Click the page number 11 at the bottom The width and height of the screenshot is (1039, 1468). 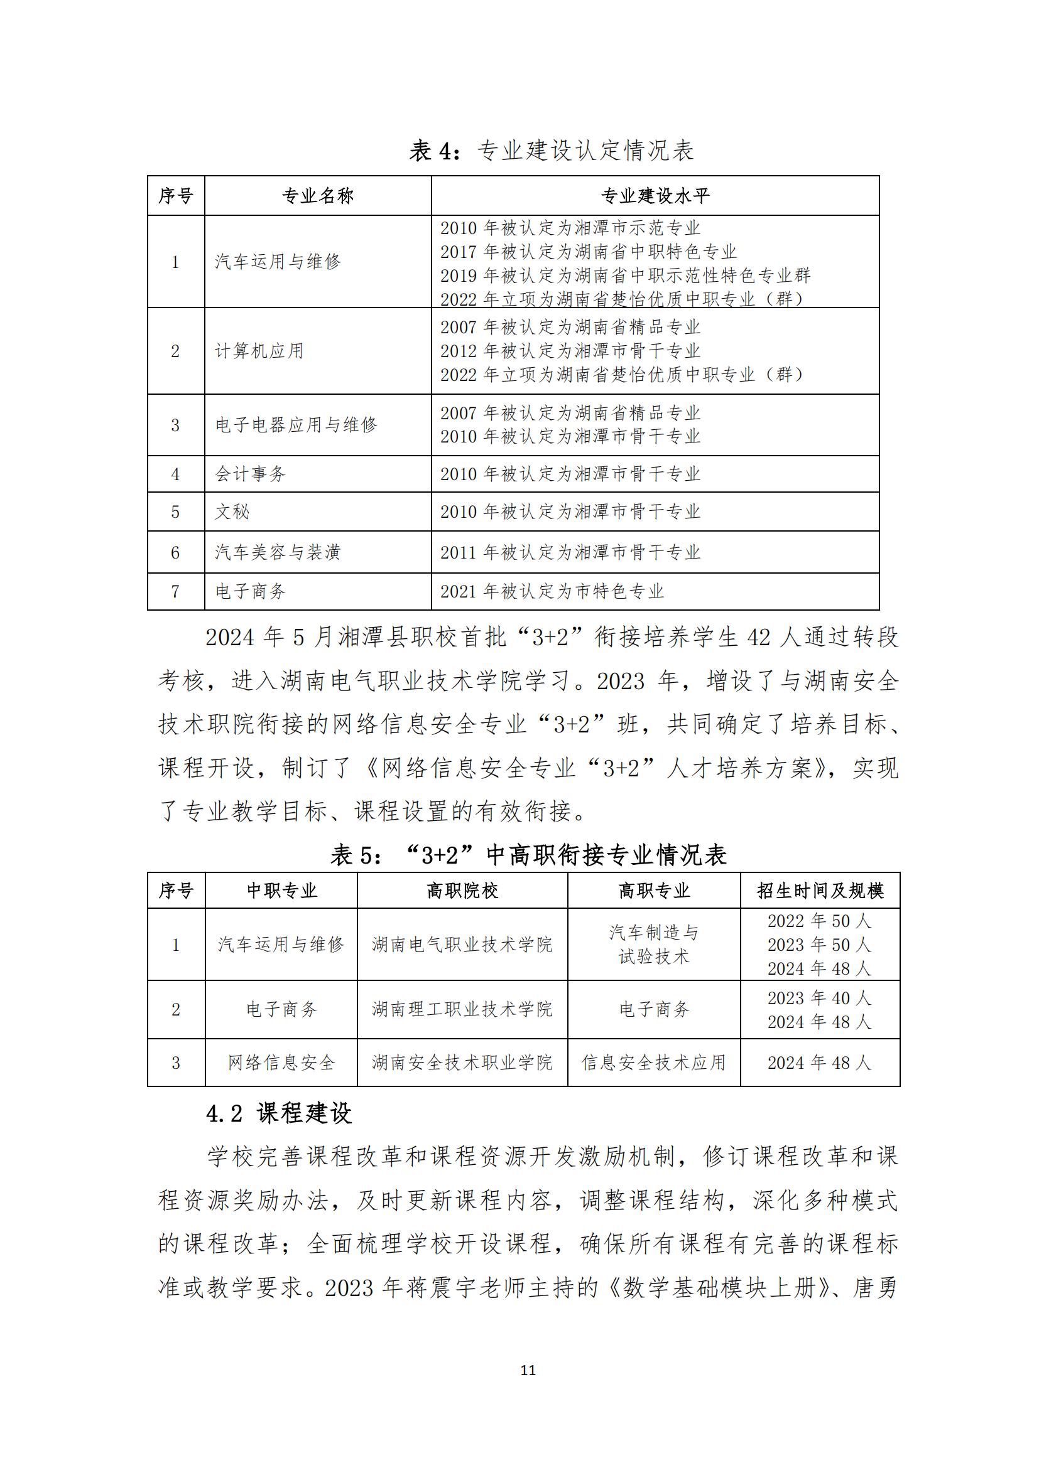tap(528, 1370)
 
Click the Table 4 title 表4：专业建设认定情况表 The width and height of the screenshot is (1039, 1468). tap(552, 151)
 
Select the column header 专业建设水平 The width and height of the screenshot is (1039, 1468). tap(655, 196)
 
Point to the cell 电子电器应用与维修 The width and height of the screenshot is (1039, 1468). tap(296, 424)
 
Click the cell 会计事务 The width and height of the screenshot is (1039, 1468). tap(251, 474)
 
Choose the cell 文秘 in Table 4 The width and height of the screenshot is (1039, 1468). tap(232, 512)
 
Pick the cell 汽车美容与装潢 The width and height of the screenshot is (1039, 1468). tap(278, 552)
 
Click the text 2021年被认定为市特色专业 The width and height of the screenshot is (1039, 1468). tap(552, 591)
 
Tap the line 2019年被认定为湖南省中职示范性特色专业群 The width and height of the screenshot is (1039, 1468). tap(625, 276)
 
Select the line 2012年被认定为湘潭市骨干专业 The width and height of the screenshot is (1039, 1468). tap(570, 351)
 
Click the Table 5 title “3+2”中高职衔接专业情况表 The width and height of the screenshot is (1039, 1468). tap(528, 855)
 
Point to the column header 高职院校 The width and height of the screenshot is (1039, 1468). tap(462, 891)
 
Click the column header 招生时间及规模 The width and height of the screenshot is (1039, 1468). tap(820, 891)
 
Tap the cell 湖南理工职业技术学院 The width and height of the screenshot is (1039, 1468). tap(462, 1010)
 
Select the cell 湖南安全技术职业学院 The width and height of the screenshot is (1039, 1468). tap(462, 1063)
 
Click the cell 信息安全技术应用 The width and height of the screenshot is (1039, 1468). tap(653, 1063)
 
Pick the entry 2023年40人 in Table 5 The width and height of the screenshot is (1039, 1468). tap(820, 998)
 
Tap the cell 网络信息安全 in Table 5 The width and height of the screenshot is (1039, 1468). tap(281, 1063)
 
